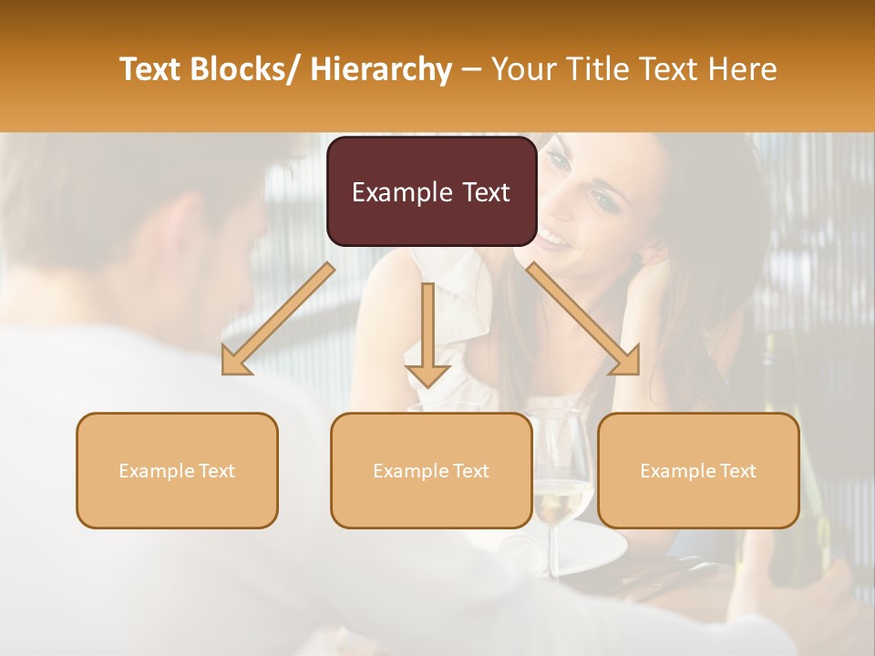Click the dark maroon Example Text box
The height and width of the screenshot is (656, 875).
pyautogui.click(x=431, y=192)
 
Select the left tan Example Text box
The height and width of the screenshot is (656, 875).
pyautogui.click(x=177, y=470)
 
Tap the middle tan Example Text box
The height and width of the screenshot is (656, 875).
pyautogui.click(x=431, y=470)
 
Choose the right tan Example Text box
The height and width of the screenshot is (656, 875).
pyautogui.click(x=698, y=470)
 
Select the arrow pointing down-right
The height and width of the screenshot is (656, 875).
pyautogui.click(x=583, y=319)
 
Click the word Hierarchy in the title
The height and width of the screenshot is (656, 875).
pyautogui.click(x=381, y=69)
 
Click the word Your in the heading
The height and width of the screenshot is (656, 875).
pyautogui.click(x=525, y=69)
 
